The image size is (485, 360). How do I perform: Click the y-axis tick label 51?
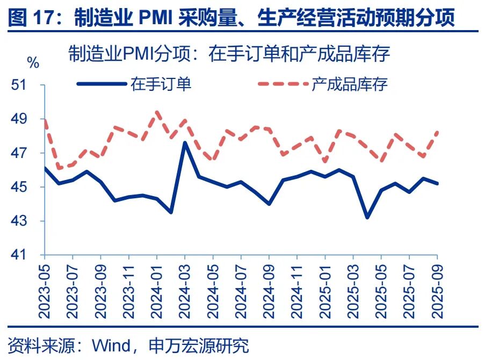coord(28,85)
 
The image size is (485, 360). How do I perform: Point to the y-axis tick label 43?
coord(28,221)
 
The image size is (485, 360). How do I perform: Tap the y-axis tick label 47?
coord(28,153)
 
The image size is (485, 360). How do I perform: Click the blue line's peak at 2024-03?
coord(185,142)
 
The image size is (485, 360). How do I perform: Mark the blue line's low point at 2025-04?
coord(367,218)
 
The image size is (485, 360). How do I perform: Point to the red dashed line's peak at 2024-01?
coord(157,112)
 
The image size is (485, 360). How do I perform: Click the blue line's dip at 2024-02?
coord(171,212)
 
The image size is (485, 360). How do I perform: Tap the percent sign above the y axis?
coord(33,63)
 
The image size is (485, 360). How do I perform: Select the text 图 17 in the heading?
coord(33,18)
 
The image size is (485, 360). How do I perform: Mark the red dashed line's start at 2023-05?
coord(45,120)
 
